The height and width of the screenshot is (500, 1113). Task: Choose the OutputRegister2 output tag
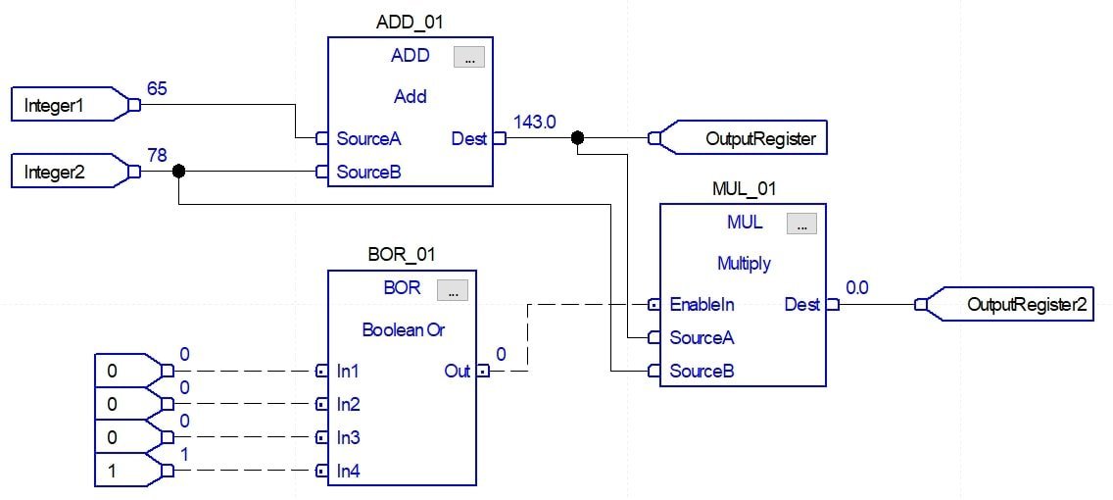click(1019, 305)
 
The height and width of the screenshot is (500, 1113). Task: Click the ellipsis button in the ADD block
click(468, 58)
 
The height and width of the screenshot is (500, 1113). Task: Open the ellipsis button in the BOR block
click(452, 290)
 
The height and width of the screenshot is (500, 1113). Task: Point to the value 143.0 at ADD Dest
click(535, 123)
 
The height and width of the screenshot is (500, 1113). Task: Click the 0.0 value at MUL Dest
click(857, 288)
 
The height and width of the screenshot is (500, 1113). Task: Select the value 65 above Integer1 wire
click(157, 89)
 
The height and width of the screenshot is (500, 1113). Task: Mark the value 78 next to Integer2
click(157, 156)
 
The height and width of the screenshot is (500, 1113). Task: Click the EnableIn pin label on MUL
click(702, 305)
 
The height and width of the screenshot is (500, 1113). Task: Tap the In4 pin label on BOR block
click(348, 472)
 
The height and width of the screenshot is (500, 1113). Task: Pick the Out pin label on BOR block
click(457, 372)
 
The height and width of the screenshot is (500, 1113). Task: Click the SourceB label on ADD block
click(368, 173)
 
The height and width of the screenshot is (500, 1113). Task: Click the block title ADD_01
click(410, 22)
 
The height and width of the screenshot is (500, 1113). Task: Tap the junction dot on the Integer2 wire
click(178, 172)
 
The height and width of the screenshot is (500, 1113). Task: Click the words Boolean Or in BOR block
click(403, 330)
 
